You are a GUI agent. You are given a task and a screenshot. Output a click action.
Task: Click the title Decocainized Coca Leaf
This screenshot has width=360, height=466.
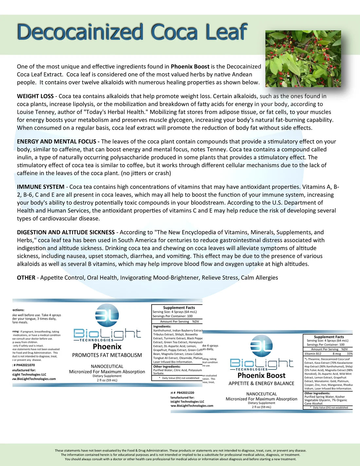click(132, 32)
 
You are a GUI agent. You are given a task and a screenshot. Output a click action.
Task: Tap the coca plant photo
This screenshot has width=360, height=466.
click(303, 59)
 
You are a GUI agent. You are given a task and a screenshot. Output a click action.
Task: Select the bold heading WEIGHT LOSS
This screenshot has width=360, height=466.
click(35, 96)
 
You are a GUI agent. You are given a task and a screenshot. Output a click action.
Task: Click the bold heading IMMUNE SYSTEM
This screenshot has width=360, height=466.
click(41, 187)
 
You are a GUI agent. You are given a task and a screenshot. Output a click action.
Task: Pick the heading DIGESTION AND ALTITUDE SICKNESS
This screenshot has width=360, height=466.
click(66, 232)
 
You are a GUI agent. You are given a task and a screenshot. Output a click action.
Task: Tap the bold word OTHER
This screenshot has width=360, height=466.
click(26, 278)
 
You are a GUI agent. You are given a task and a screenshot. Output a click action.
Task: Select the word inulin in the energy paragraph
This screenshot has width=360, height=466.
click(25, 157)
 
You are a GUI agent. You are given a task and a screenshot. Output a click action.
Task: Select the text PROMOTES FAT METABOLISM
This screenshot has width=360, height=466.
click(107, 355)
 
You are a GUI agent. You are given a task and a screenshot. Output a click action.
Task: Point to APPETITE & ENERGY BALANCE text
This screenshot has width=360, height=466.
click(261, 384)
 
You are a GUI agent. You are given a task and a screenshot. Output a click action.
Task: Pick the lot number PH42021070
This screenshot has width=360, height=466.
click(26, 365)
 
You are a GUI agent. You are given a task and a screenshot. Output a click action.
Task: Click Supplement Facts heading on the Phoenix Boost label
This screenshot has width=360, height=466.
click(329, 337)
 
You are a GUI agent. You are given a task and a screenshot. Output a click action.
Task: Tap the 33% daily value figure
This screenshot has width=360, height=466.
click(350, 354)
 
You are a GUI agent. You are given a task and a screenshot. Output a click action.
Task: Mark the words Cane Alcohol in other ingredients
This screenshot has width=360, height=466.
click(314, 403)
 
